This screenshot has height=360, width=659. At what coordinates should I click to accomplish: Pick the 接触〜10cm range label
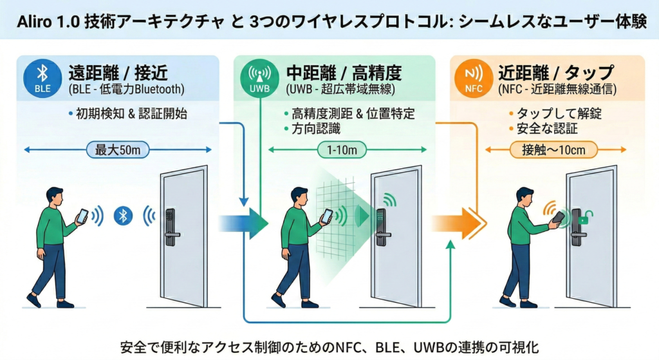[554, 150]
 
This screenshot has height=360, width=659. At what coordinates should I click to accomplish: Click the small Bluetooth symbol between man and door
[123, 216]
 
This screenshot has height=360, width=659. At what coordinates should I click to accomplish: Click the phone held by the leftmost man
[82, 216]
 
